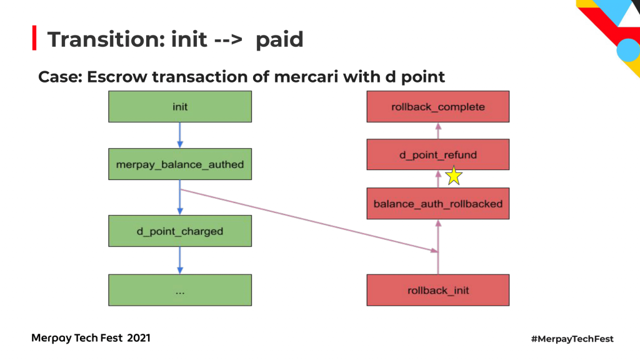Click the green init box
click(x=180, y=106)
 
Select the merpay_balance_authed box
click(x=180, y=164)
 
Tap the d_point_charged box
click(x=180, y=231)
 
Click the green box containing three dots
click(x=180, y=290)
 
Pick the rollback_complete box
click(x=438, y=106)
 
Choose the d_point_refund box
click(x=438, y=154)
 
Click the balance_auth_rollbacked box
click(x=438, y=203)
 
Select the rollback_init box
click(x=438, y=290)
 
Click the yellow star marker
click(x=454, y=176)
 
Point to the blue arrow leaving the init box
click(x=180, y=135)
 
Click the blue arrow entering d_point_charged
click(x=180, y=197)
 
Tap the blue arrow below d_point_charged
click(x=180, y=261)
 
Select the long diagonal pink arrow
click(x=309, y=221)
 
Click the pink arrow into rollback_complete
click(x=438, y=131)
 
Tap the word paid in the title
click(x=279, y=40)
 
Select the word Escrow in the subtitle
click(x=117, y=77)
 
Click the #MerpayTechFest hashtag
click(x=572, y=339)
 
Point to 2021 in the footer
click(x=139, y=338)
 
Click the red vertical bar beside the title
click(x=34, y=38)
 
